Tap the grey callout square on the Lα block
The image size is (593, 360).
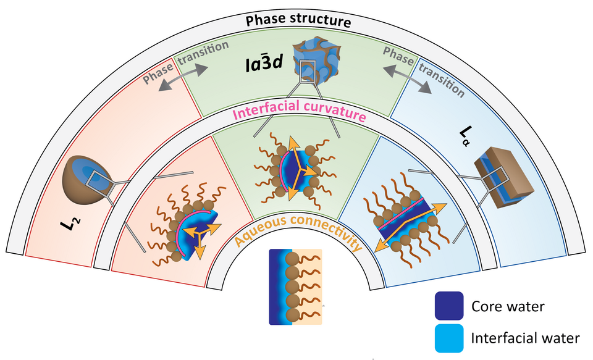(492, 178)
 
